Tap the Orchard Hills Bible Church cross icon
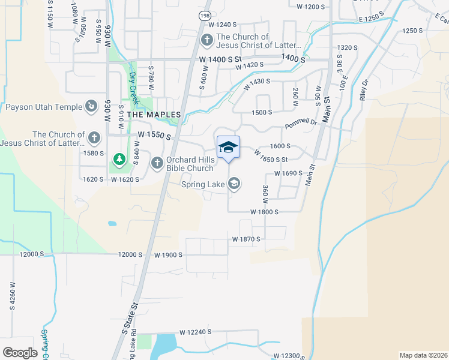click(x=157, y=163)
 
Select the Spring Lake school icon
click(x=234, y=184)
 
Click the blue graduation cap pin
click(x=228, y=148)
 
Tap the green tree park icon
click(x=119, y=160)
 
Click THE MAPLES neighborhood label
click(x=154, y=114)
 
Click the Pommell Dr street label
click(x=301, y=123)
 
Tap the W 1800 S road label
click(x=265, y=212)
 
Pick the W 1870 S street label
click(x=247, y=239)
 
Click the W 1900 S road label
click(x=167, y=254)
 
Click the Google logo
click(x=20, y=352)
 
